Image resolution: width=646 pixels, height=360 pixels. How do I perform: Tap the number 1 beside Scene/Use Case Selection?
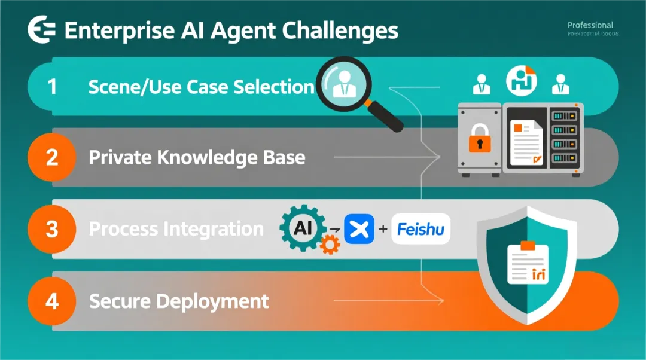pyautogui.click(x=52, y=87)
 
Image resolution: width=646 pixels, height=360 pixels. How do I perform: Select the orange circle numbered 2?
pyautogui.click(x=52, y=157)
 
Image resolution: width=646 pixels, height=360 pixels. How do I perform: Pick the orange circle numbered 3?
pyautogui.click(x=52, y=229)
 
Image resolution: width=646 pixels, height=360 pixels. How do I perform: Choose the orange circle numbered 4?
pyautogui.click(x=52, y=301)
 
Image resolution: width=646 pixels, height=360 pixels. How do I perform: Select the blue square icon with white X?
pyautogui.click(x=359, y=229)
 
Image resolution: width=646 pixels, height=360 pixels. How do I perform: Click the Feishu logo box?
pyautogui.click(x=421, y=229)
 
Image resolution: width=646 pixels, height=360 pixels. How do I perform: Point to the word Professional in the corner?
pyautogui.click(x=590, y=25)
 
